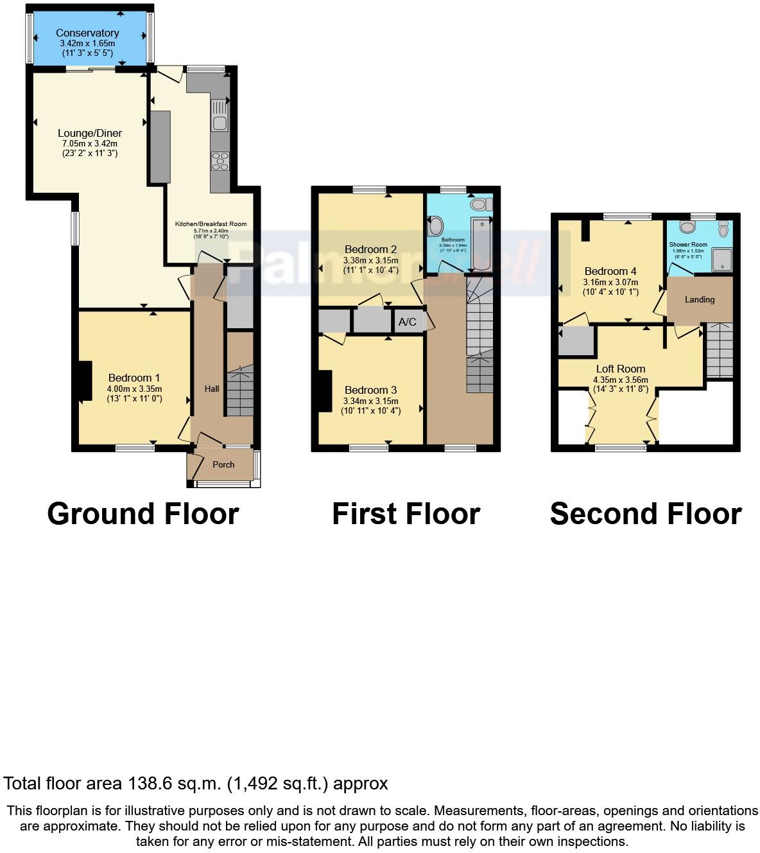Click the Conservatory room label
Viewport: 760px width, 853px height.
point(87,33)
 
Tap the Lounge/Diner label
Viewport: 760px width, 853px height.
point(89,134)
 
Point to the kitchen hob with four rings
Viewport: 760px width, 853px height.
point(220,161)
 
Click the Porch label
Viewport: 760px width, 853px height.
point(223,464)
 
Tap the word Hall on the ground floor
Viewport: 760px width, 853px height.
point(212,389)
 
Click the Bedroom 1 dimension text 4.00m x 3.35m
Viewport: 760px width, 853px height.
point(134,389)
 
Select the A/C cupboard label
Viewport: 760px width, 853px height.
point(408,322)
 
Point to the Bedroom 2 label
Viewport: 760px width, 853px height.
point(370,249)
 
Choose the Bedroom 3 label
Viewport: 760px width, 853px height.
point(370,390)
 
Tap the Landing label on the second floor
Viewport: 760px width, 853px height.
point(699,299)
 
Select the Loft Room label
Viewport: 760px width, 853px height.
point(620,369)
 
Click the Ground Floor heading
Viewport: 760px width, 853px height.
point(142,514)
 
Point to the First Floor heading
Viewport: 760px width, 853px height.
point(406,514)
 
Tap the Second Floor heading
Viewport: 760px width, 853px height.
point(646,514)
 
